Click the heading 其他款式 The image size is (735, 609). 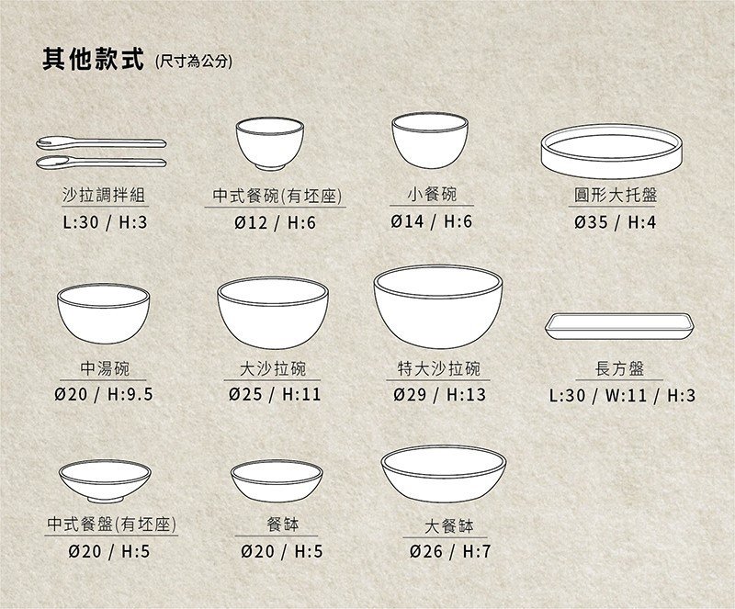tap(93, 60)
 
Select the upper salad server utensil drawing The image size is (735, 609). tap(101, 142)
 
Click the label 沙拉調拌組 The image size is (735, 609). tap(104, 196)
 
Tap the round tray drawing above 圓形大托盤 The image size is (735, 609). tap(616, 150)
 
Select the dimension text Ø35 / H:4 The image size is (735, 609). tap(616, 222)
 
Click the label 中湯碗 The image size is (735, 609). tap(104, 368)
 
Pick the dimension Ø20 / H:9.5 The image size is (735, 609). tap(104, 395)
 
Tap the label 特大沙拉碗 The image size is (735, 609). tap(438, 368)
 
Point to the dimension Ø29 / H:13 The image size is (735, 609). tap(438, 395)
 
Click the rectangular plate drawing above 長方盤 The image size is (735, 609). tap(621, 327)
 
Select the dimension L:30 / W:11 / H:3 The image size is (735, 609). tap(621, 395)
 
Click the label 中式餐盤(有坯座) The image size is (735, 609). tap(111, 524)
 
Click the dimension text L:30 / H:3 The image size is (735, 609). tap(104, 222)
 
